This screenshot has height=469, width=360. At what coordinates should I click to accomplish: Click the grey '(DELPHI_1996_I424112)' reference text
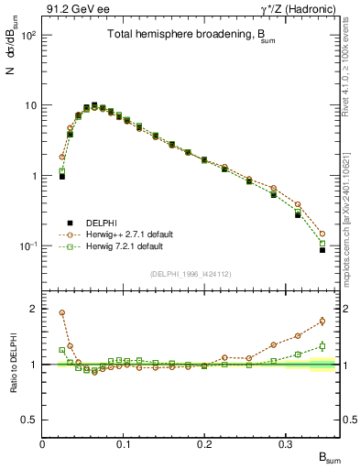click(189, 272)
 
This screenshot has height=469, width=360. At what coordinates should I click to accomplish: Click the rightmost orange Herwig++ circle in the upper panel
click(322, 234)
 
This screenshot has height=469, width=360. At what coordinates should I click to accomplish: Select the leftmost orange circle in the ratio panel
click(62, 312)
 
